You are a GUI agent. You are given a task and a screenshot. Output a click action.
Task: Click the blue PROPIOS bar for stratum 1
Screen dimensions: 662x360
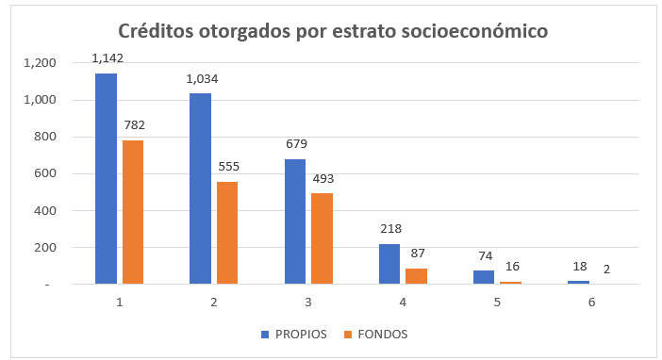click(x=106, y=178)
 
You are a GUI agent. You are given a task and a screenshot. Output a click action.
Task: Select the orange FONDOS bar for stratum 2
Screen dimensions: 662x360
click(x=227, y=233)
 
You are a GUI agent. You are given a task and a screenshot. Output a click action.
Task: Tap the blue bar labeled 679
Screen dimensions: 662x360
click(x=295, y=221)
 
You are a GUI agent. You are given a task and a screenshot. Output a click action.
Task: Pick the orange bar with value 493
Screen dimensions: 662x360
click(x=323, y=238)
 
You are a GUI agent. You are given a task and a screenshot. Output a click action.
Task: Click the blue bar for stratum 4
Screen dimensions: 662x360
click(x=389, y=264)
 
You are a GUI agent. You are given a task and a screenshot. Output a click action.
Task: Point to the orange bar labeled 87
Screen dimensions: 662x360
click(x=416, y=276)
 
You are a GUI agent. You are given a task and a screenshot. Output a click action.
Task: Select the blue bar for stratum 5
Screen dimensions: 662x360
click(x=484, y=277)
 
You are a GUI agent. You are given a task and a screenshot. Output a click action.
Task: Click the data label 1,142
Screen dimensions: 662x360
click(x=108, y=58)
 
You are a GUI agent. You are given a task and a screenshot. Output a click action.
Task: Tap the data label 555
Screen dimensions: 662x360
click(x=229, y=166)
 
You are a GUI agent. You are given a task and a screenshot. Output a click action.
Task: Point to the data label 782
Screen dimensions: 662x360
click(x=134, y=125)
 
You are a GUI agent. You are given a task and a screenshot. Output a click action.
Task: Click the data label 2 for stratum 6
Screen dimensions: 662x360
click(x=606, y=269)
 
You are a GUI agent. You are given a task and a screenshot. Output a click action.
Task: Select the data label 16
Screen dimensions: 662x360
click(x=512, y=267)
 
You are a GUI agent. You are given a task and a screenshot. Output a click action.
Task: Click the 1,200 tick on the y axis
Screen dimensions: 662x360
click(x=41, y=63)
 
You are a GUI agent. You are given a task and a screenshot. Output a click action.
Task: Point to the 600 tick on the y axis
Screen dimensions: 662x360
click(x=45, y=173)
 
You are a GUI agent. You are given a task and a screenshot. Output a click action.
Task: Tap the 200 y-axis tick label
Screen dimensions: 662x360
click(x=45, y=247)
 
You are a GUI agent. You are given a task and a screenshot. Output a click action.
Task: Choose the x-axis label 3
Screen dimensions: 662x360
click(x=308, y=303)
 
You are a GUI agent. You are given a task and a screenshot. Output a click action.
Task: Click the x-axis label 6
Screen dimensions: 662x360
click(x=591, y=303)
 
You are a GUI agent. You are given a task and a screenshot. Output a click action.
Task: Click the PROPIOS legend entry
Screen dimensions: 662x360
click(x=294, y=335)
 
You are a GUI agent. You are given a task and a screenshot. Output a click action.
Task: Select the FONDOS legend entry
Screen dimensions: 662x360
click(x=375, y=335)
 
